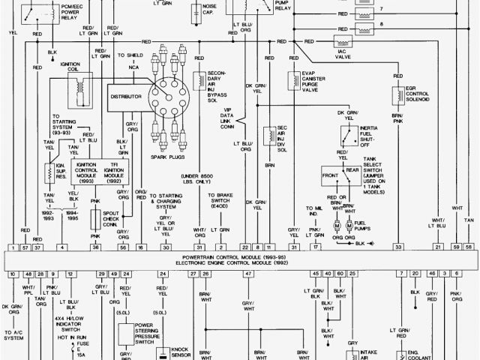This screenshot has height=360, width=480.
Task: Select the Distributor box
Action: coord(126,97)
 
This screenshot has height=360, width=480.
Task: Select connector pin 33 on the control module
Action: coord(399,247)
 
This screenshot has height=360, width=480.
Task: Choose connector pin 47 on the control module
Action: coord(247,274)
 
